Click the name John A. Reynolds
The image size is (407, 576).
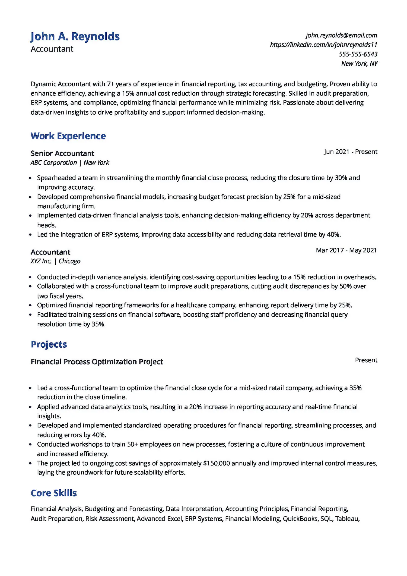click(x=75, y=36)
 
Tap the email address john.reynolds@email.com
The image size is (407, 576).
click(x=341, y=35)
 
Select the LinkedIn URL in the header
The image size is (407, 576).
click(x=323, y=45)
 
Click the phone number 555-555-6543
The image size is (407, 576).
click(x=358, y=54)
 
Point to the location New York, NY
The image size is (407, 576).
click(x=359, y=64)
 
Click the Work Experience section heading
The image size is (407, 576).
click(x=68, y=136)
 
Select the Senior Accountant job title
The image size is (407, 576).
click(x=62, y=153)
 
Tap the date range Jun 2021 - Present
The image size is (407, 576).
click(x=350, y=152)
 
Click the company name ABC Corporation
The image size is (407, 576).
click(x=54, y=163)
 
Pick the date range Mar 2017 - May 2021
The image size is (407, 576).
click(x=346, y=250)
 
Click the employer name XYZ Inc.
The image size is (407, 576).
click(x=41, y=261)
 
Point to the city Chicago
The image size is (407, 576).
click(x=69, y=261)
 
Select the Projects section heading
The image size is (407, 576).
click(x=49, y=344)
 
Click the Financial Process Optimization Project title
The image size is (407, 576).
click(x=97, y=362)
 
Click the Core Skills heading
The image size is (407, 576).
click(x=54, y=493)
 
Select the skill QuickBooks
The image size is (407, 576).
click(x=300, y=518)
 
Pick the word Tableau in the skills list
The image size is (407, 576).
click(x=346, y=518)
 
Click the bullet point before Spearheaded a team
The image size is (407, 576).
click(x=30, y=178)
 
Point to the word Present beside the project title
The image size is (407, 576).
click(x=366, y=360)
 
